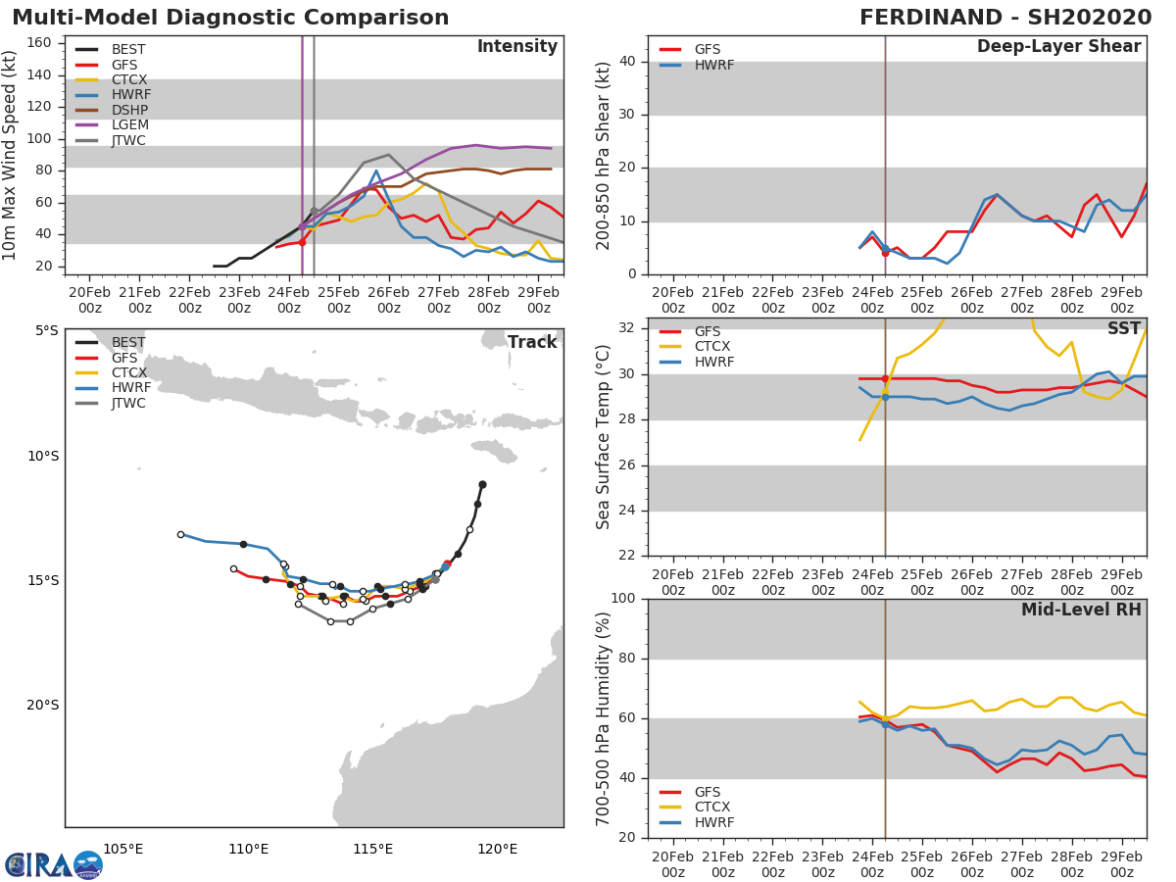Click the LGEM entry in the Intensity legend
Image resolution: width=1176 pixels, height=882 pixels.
point(128,125)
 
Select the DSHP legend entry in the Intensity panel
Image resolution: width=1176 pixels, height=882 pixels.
point(128,111)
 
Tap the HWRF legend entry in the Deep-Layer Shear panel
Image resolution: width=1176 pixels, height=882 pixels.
point(713,65)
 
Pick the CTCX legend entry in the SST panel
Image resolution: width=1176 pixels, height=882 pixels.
point(713,347)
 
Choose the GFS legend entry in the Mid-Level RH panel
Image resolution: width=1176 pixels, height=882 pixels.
point(713,792)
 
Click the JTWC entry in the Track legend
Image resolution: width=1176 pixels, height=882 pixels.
point(128,403)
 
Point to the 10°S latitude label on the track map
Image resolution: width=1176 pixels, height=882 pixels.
point(42,456)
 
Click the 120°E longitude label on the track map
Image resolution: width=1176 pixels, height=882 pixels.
point(498,849)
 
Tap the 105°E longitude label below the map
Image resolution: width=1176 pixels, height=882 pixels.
point(123,849)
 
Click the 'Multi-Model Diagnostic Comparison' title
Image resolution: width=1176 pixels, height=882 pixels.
point(230,18)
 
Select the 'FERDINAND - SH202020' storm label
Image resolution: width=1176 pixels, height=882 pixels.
point(1005,18)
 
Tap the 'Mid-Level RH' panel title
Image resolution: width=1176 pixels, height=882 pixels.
point(1081,611)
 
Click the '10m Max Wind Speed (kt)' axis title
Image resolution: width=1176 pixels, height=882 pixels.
point(11,155)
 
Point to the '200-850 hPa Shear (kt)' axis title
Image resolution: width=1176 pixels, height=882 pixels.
point(603,155)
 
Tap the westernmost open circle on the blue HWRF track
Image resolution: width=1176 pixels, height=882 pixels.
point(180,534)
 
